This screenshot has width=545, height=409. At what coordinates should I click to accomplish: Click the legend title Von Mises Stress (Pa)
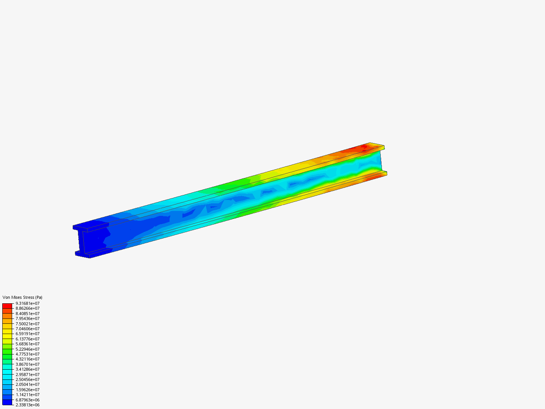click(22, 297)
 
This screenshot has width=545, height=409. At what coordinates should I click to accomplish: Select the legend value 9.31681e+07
click(27, 303)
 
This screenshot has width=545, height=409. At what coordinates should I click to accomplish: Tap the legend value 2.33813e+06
click(27, 405)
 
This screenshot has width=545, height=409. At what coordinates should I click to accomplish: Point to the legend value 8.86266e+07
click(27, 308)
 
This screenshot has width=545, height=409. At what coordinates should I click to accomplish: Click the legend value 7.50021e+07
click(27, 324)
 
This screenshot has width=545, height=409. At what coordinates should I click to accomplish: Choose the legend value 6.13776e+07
click(27, 339)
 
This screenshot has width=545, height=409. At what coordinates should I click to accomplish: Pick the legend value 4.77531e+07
click(27, 354)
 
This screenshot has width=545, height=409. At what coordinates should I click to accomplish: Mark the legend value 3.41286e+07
click(27, 369)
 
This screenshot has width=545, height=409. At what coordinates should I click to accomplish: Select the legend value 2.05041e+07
click(27, 384)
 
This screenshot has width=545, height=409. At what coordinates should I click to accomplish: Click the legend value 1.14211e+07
click(27, 395)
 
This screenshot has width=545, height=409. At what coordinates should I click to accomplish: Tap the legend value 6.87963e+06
click(27, 400)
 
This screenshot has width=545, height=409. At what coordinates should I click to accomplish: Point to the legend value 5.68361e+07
click(27, 344)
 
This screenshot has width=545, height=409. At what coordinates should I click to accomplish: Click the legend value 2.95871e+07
click(27, 375)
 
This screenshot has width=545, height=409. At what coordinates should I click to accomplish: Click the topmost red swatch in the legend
click(7, 306)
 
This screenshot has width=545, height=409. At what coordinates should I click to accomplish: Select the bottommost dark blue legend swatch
click(7, 402)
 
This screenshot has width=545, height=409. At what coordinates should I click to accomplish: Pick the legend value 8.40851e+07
click(27, 314)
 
